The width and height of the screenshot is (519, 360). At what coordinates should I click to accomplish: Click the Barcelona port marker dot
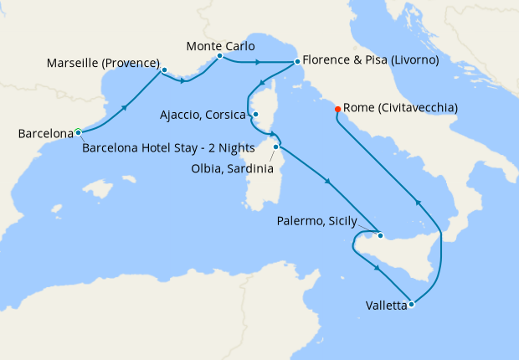pyautogui.click(x=78, y=131)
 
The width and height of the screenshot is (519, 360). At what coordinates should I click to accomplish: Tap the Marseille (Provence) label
pyautogui.click(x=102, y=63)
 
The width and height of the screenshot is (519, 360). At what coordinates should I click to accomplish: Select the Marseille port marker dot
pyautogui.click(x=164, y=70)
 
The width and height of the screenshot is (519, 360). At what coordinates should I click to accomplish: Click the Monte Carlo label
pyautogui.click(x=221, y=45)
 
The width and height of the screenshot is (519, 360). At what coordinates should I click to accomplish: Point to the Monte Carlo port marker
pyautogui.click(x=219, y=57)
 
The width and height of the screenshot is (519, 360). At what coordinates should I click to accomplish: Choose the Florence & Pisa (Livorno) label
pyautogui.click(x=368, y=60)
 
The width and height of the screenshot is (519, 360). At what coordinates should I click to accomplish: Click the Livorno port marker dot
pyautogui.click(x=297, y=61)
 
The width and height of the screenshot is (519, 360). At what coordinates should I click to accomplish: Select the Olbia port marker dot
pyautogui.click(x=275, y=147)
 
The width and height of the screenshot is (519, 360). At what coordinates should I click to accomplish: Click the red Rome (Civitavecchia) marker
pyautogui.click(x=337, y=109)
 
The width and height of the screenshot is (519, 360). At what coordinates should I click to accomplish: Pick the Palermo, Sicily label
pyautogui.click(x=316, y=222)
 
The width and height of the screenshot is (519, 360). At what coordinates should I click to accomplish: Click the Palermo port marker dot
pyautogui.click(x=380, y=235)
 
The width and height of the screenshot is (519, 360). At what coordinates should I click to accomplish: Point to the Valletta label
pyautogui.click(x=386, y=306)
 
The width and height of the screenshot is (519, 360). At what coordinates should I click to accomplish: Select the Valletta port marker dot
pyautogui.click(x=411, y=304)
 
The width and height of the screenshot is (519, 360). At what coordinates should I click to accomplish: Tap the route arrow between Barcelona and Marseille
pyautogui.click(x=126, y=107)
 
